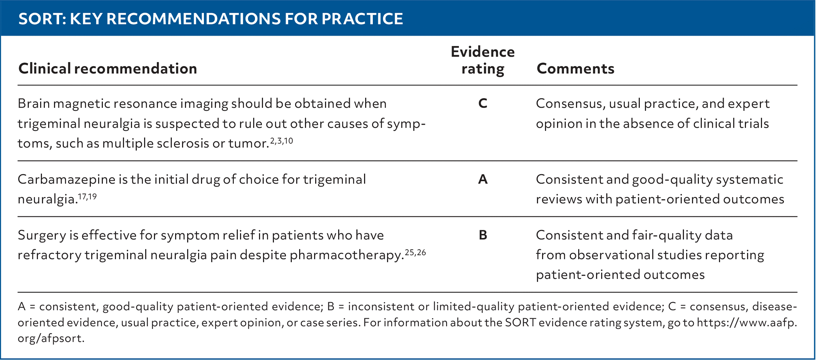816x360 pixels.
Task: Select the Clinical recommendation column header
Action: coord(108,69)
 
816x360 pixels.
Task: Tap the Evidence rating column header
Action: coord(483,60)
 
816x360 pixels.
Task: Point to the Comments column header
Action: coord(575,69)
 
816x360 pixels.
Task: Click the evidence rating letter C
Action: coord(483,104)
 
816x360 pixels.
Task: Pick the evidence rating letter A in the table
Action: coord(483,179)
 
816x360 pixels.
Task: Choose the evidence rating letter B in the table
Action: coord(483,235)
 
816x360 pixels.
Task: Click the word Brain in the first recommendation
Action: coord(33,104)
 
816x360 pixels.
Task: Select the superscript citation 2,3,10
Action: coord(282,141)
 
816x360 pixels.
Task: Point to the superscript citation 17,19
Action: coord(87,197)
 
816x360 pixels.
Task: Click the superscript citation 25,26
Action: coord(415,253)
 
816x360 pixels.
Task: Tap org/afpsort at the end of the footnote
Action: coord(51,338)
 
